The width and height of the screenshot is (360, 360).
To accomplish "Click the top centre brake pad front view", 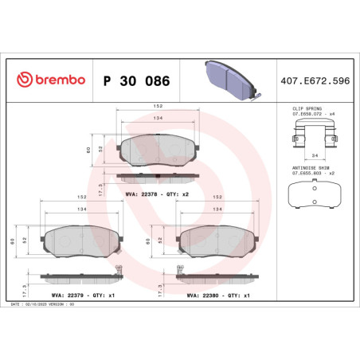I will pos(160,149).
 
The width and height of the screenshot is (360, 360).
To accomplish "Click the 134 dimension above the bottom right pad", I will pos(217,209).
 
